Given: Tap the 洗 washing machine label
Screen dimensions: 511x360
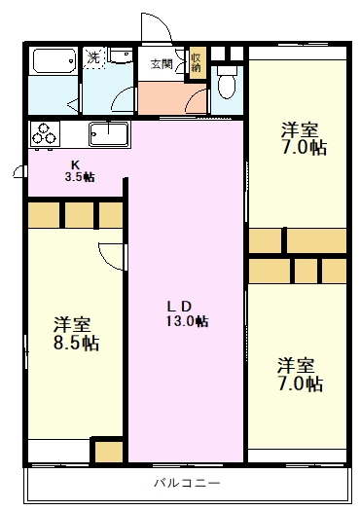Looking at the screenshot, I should (93, 58).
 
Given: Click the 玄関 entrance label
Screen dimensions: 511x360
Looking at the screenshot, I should (162, 64).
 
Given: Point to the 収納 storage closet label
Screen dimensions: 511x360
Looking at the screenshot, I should (196, 62).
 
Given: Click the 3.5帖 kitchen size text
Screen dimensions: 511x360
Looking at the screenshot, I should (79, 177).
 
